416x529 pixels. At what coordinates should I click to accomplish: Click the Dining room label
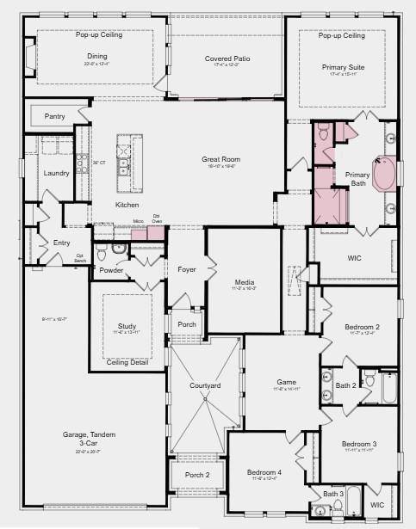tap(97, 56)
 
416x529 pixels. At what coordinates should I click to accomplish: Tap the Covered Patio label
tap(227, 58)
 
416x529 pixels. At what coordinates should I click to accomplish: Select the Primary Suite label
tap(344, 67)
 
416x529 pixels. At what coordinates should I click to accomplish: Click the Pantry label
tap(54, 115)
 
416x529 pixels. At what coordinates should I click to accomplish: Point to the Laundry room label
tap(56, 173)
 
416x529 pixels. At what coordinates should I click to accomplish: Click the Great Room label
tap(221, 159)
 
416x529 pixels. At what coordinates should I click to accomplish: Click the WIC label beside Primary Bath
tap(354, 257)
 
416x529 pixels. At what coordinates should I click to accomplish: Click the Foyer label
tap(187, 270)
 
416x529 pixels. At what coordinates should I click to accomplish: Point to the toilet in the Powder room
tap(102, 255)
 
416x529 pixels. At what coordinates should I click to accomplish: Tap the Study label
tap(127, 326)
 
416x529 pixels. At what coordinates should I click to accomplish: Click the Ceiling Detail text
tap(127, 363)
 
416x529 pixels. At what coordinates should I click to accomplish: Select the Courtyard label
tap(205, 385)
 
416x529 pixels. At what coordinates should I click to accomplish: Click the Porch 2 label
tap(196, 475)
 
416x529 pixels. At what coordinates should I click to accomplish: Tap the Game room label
tap(286, 381)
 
